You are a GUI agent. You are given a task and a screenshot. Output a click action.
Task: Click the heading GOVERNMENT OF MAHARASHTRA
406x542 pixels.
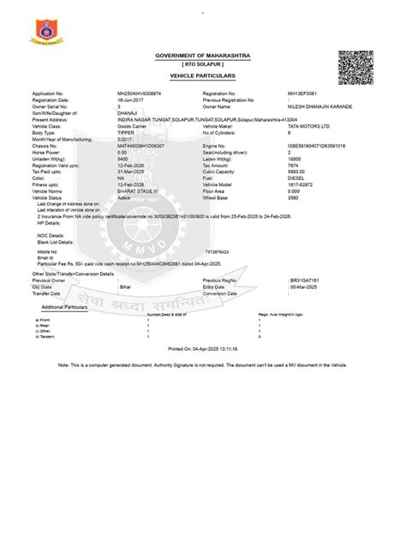[202, 57]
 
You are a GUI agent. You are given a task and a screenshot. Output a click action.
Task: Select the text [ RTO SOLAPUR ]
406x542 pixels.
[203, 65]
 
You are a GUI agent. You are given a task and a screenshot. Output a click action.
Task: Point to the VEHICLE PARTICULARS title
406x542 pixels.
[203, 76]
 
